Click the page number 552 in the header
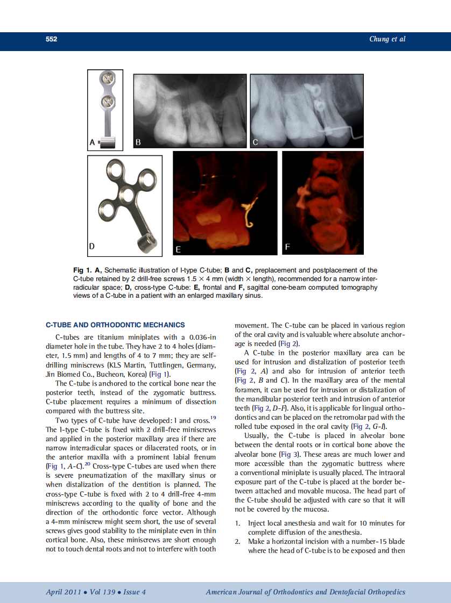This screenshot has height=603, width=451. pyautogui.click(x=52, y=39)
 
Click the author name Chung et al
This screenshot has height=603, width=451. pyautogui.click(x=387, y=39)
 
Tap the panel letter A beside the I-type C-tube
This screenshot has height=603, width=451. pyautogui.click(x=92, y=142)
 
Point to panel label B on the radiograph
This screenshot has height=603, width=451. pyautogui.click(x=138, y=142)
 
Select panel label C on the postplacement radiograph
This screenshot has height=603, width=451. pyautogui.click(x=255, y=142)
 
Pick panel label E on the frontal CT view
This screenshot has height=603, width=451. pyautogui.click(x=178, y=249)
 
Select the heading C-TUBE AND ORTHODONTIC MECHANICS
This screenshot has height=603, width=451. pyautogui.click(x=115, y=325)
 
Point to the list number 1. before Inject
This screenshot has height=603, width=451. pyautogui.click(x=237, y=523)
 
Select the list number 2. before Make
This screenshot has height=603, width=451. pyautogui.click(x=237, y=542)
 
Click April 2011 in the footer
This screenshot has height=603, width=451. pyautogui.click(x=64, y=592)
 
